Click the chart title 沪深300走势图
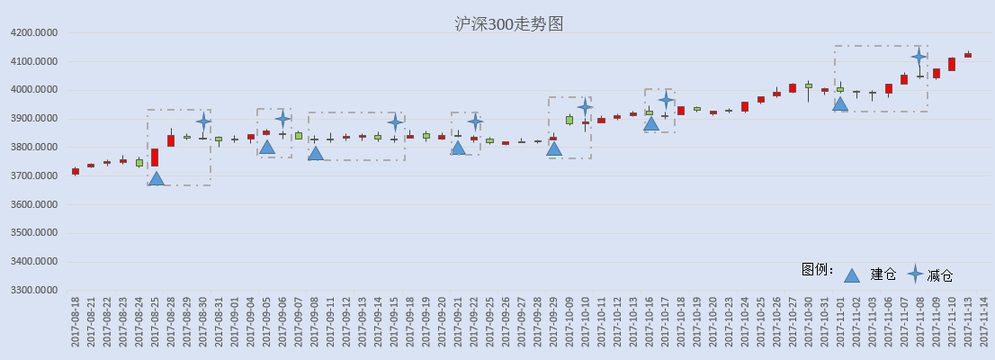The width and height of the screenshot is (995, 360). point(509,24)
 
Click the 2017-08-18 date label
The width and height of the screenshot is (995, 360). point(76,322)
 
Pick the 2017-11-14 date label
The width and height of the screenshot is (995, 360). point(984,322)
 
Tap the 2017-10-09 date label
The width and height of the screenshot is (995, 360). point(569,322)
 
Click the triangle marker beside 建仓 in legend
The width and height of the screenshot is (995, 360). point(852,274)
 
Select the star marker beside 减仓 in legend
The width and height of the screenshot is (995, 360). point(915,274)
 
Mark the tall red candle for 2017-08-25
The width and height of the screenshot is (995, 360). point(155,157)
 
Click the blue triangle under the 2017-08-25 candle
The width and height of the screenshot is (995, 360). point(156,178)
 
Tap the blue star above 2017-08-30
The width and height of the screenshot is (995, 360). point(203,121)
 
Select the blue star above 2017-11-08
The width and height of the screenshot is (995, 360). point(919,57)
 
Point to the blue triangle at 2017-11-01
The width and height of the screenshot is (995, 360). point(840,103)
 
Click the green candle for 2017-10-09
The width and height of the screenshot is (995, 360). point(569,120)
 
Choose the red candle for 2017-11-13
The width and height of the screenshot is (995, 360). point(968,55)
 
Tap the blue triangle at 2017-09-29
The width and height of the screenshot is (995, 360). point(554,148)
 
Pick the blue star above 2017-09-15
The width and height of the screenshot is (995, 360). point(395,122)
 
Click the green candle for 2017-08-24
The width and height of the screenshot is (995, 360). point(139,163)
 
